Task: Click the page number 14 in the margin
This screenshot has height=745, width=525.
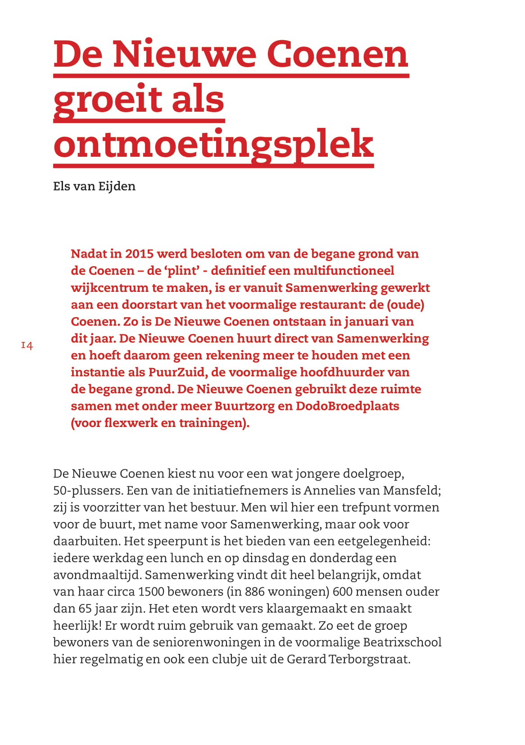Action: click(x=27, y=345)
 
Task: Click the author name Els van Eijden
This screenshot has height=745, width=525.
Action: click(x=94, y=186)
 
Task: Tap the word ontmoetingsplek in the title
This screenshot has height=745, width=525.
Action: click(x=213, y=144)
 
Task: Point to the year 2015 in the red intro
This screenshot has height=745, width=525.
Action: click(x=139, y=254)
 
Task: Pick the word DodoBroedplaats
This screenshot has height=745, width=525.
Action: click(x=347, y=406)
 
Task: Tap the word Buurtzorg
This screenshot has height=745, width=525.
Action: click(x=244, y=406)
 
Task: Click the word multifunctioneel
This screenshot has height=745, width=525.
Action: click(x=344, y=271)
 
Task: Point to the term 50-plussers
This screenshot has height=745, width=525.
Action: click(x=87, y=490)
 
